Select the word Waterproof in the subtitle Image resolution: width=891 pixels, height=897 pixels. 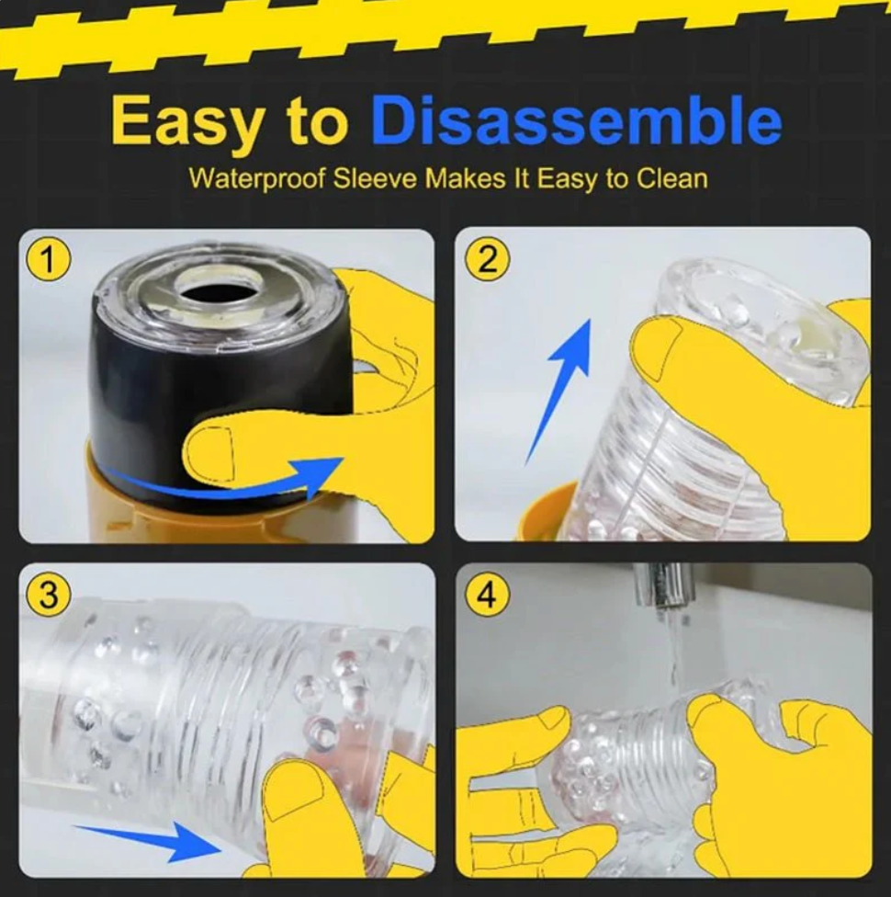257,179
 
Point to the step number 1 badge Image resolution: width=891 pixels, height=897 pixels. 49,261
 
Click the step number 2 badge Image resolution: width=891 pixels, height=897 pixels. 486,261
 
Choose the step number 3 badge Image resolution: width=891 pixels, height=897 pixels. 49,595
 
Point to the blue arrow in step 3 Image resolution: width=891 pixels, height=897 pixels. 150,841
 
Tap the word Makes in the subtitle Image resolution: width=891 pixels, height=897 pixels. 465,178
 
